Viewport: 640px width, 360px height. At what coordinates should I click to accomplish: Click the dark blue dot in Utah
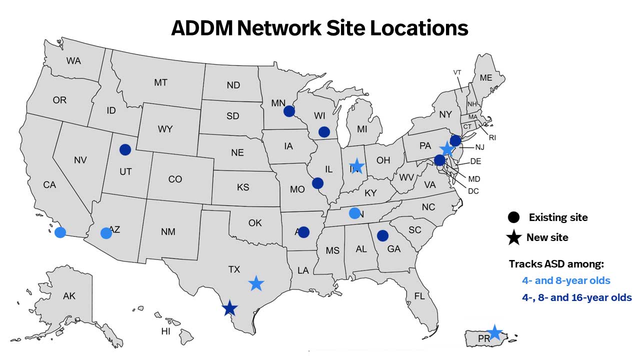(125, 149)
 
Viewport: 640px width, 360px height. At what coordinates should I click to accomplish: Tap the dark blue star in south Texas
(229, 308)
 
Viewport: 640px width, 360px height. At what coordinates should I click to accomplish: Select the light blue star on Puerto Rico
(494, 332)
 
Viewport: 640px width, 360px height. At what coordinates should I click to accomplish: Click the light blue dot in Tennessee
(354, 213)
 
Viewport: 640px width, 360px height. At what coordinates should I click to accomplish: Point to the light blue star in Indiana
(356, 165)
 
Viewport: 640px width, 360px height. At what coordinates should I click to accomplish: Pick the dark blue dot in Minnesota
(289, 111)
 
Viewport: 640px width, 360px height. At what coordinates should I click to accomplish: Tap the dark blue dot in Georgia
(382, 235)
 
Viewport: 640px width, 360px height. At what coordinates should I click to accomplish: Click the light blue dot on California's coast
(60, 232)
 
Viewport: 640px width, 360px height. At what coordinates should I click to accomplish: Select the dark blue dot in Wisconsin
(324, 132)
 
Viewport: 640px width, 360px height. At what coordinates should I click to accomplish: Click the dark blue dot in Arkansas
(303, 232)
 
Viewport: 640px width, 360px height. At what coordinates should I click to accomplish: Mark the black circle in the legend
(513, 217)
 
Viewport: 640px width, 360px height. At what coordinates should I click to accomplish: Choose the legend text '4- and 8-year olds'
(566, 280)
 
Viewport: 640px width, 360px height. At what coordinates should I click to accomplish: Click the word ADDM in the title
(201, 28)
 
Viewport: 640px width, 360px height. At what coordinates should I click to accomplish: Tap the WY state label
(165, 129)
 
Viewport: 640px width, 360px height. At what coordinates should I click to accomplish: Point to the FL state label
(419, 296)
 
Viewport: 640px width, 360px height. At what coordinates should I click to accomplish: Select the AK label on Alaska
(69, 296)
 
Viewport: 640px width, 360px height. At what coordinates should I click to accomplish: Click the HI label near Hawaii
(165, 331)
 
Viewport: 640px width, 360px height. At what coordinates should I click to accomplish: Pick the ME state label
(485, 78)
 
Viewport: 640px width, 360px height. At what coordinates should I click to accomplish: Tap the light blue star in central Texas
(256, 283)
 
